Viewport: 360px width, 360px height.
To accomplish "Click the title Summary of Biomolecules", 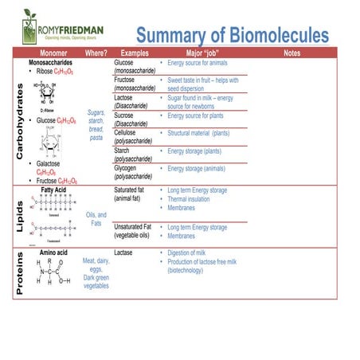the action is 233,35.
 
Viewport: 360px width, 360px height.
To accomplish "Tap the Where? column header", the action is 96,53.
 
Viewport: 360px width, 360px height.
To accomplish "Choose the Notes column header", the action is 292,53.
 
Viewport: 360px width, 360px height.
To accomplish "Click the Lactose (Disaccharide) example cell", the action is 130,100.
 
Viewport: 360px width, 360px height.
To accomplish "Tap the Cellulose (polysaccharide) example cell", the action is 132,137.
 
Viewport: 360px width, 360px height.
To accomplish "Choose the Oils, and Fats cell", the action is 96,219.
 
